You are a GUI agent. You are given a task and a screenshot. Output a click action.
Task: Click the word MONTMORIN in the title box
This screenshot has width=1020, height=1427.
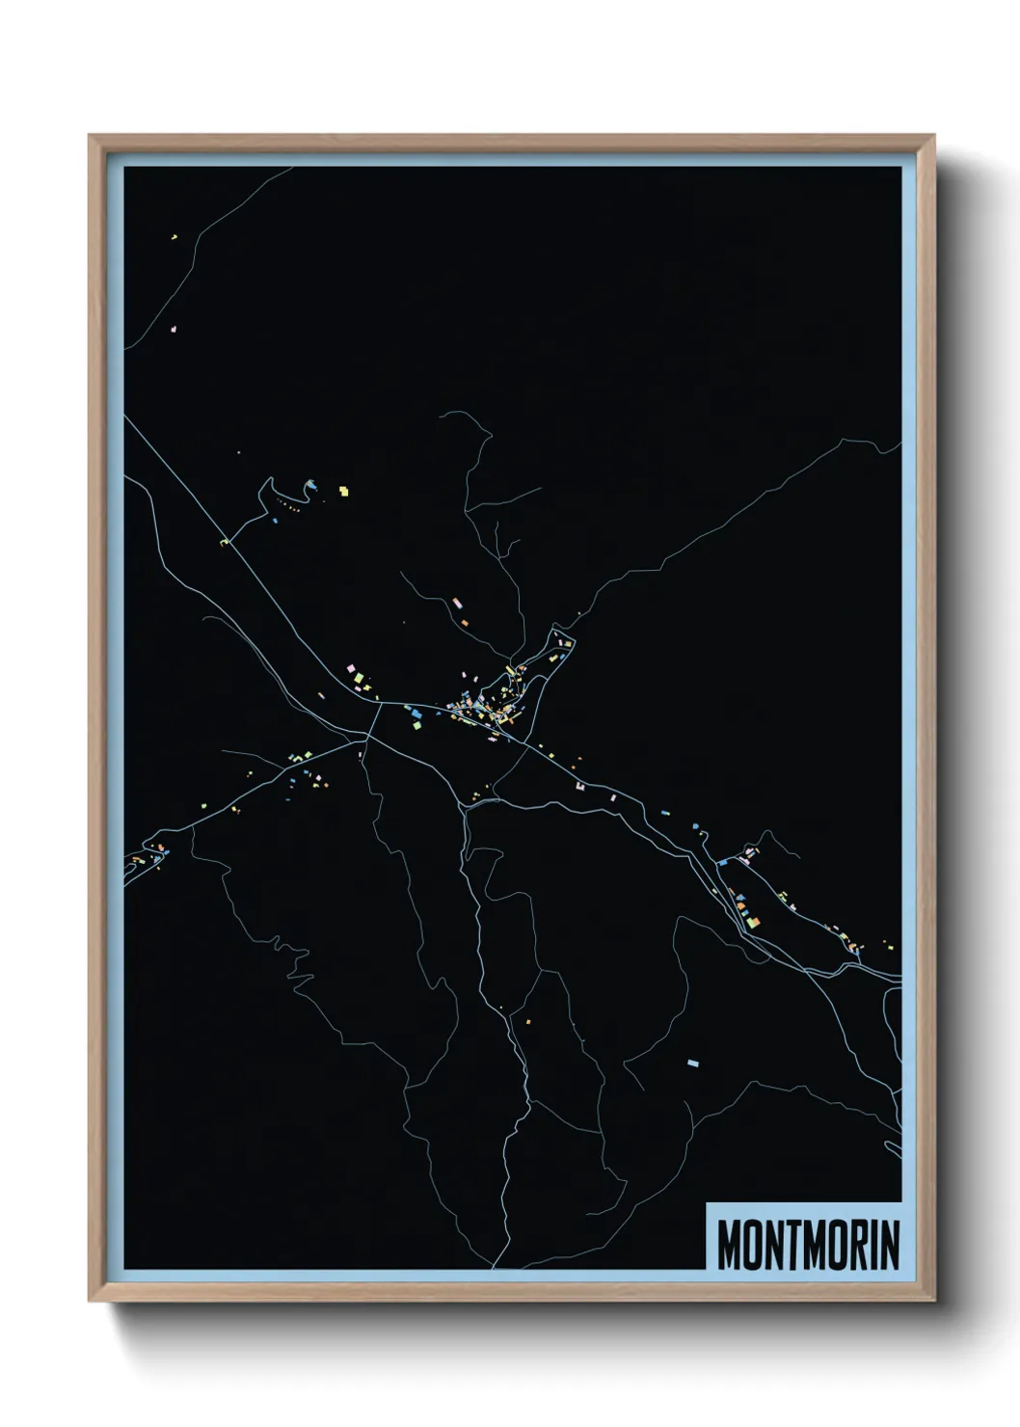point(808,1246)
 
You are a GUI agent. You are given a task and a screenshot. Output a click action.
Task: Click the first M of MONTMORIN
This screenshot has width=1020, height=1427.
point(730,1246)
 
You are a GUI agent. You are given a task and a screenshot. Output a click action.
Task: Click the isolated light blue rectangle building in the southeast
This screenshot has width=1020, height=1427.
point(691,1063)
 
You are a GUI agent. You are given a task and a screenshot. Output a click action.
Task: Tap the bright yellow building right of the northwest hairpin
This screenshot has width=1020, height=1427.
point(342,492)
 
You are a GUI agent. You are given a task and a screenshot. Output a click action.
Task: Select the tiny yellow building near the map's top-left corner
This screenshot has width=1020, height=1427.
point(174,235)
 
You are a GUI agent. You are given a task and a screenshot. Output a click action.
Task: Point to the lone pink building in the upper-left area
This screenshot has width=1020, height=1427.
point(174,329)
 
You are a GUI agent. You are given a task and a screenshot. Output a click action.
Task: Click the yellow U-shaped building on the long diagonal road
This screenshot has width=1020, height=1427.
point(227,543)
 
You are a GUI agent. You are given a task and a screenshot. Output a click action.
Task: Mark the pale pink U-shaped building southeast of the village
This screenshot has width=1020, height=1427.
point(580,788)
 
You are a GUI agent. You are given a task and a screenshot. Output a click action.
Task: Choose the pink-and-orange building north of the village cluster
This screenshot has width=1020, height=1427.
point(457,604)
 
